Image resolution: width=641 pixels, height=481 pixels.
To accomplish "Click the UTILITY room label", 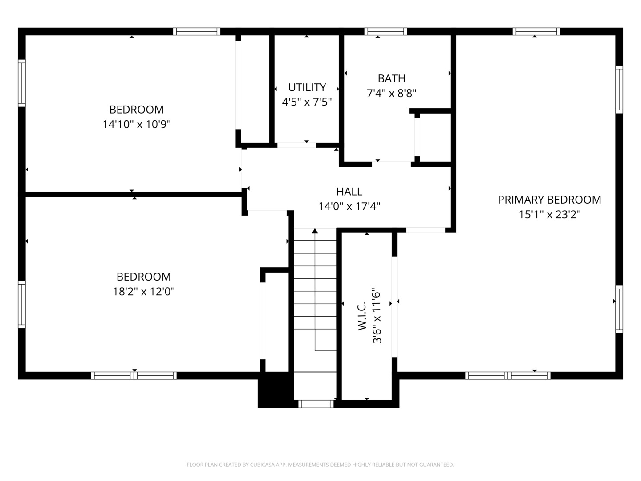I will (x=307, y=87).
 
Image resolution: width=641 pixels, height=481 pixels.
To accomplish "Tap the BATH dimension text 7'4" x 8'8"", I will (x=391, y=94).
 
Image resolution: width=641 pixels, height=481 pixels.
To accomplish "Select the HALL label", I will (x=349, y=192).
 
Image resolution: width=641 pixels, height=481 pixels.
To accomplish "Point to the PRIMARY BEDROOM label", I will (x=549, y=200).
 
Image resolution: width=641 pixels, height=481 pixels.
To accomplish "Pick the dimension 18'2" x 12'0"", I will (x=143, y=292).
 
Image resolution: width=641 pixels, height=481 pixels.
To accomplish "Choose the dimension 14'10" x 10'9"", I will (x=137, y=124).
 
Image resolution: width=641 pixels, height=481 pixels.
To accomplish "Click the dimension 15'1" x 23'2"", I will (x=549, y=215).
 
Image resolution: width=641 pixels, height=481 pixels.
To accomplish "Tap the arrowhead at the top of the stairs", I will (x=315, y=231).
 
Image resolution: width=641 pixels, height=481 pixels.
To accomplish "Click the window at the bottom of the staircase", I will (x=316, y=404).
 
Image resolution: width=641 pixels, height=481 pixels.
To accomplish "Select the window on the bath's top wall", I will (x=385, y=31).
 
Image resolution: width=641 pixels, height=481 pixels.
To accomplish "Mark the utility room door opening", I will (x=296, y=145).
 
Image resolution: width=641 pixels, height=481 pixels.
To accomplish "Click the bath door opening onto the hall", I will (x=391, y=164).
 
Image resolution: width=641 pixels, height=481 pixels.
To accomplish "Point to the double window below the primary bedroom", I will (x=507, y=375).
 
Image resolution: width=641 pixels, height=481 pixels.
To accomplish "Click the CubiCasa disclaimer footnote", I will (x=320, y=465).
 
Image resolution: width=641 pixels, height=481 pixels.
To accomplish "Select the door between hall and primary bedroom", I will (x=426, y=230).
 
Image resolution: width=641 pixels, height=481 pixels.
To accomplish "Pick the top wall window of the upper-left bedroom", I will (x=196, y=31).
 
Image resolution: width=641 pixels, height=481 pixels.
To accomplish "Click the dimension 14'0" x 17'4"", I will (x=349, y=207).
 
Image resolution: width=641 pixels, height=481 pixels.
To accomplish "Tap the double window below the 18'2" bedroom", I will (x=134, y=375).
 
